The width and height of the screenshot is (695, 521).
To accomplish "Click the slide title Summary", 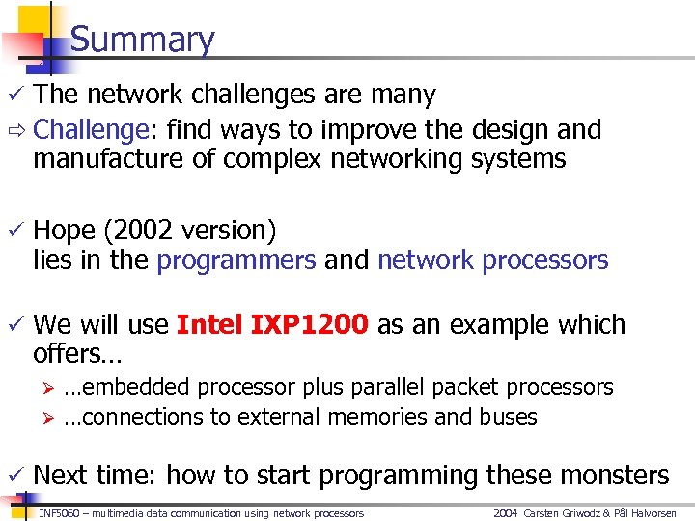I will [142, 40].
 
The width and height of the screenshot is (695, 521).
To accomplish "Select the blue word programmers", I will [236, 260].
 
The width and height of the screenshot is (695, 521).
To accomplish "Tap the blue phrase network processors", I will [492, 260].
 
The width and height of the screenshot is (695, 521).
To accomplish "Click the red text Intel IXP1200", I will [272, 325].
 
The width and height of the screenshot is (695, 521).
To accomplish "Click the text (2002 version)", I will [189, 231].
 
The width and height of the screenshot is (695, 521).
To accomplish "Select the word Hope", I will [64, 231].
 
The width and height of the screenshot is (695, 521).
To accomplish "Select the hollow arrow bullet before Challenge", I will [14, 130].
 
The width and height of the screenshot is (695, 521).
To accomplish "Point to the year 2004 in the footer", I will [507, 513].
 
